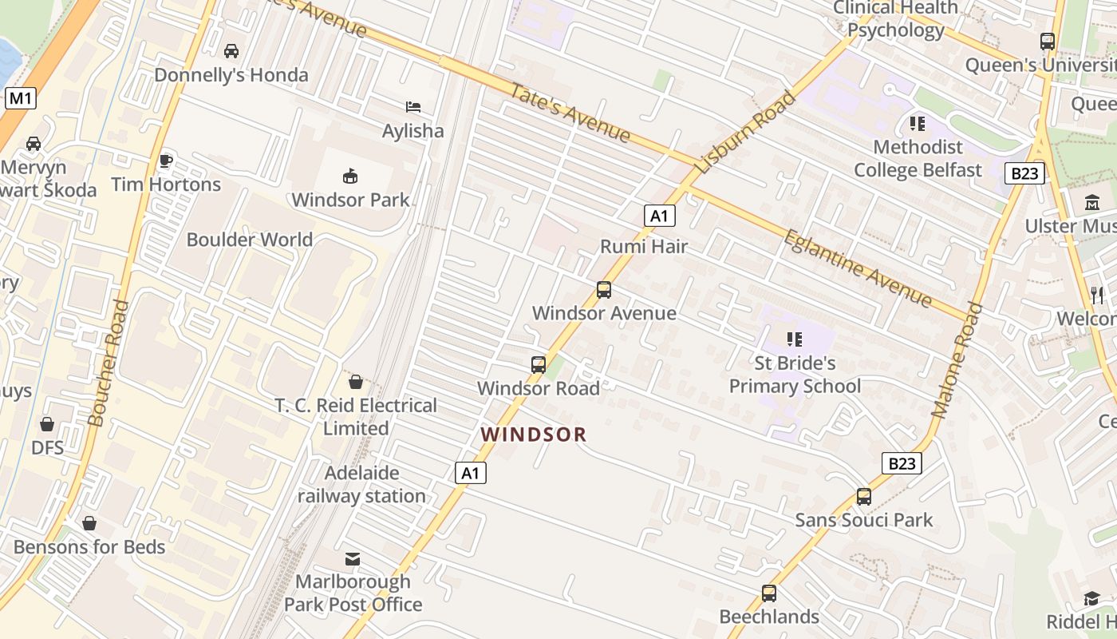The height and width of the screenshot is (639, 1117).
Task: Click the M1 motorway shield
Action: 21,98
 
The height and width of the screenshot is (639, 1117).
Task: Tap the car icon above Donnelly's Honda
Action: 231,51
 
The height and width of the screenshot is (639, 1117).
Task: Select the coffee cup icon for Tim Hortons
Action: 166,161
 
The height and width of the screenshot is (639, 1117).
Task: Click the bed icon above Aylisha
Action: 412,106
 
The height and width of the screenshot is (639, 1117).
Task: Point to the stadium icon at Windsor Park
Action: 349,176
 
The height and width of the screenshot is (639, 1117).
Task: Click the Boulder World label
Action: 249,240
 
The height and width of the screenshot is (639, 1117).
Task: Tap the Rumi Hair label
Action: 643,246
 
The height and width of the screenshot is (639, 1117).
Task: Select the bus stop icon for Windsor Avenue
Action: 604,290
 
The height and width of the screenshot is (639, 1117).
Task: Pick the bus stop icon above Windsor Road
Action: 539,365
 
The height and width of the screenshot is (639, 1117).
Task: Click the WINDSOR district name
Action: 534,435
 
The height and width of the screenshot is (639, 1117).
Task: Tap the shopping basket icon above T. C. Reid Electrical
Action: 356,382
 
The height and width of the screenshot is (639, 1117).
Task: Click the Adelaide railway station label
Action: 361,484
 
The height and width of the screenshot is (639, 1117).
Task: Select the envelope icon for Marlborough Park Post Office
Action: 353,558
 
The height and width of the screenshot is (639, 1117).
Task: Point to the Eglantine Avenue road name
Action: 858,268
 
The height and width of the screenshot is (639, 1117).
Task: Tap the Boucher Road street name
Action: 108,363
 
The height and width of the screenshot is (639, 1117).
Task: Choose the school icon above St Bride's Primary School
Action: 794,339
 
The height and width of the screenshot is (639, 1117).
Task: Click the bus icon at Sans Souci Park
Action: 863,497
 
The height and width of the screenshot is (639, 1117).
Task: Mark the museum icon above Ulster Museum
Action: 1092,203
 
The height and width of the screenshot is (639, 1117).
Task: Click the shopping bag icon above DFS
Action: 47,424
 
